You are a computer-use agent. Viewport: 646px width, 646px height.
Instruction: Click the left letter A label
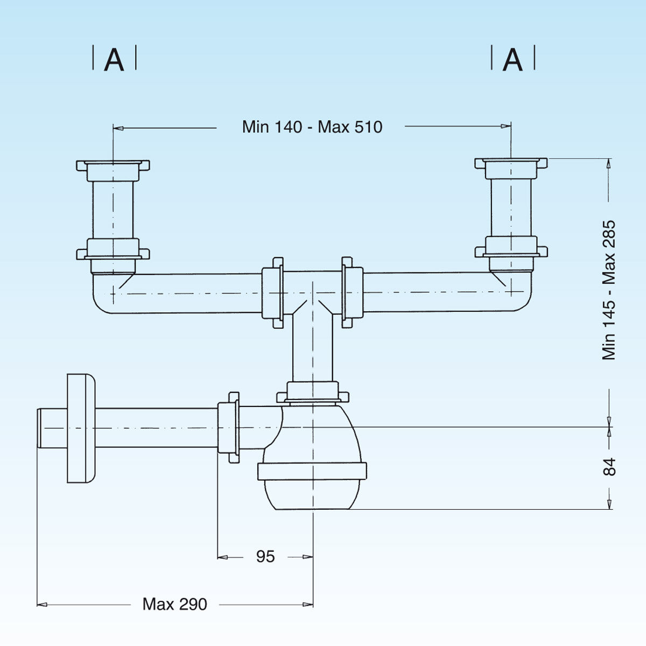(x=114, y=59)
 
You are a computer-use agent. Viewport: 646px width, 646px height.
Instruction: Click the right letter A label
(x=512, y=59)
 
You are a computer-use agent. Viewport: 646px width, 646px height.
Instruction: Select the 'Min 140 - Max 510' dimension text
(x=312, y=127)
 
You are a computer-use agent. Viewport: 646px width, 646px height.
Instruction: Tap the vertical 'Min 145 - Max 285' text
(x=609, y=290)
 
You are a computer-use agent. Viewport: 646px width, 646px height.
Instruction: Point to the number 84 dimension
(x=609, y=467)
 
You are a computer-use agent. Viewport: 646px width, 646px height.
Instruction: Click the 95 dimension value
(x=265, y=557)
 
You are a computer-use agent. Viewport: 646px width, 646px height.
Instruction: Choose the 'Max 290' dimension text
(x=174, y=604)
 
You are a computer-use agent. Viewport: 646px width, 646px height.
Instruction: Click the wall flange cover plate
(x=81, y=427)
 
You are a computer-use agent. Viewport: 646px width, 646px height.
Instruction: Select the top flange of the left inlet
(x=113, y=165)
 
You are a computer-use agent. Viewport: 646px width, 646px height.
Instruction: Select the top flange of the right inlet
(x=511, y=162)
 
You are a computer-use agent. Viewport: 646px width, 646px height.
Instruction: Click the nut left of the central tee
(x=272, y=292)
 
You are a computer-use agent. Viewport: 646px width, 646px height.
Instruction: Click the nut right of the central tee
(x=352, y=292)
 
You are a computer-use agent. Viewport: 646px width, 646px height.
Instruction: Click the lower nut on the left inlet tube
(x=113, y=251)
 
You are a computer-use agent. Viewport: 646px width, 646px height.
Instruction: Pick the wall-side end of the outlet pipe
(x=41, y=427)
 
